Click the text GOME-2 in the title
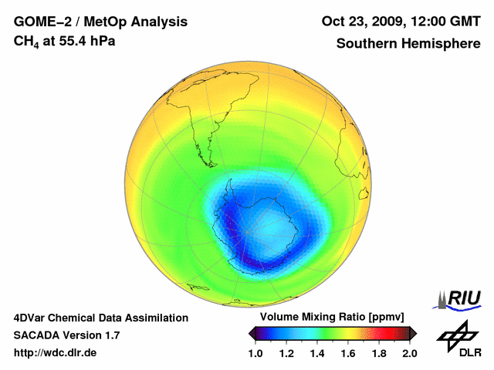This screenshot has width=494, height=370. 39,22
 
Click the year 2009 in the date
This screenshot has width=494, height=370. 390,22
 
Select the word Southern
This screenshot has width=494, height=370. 366,44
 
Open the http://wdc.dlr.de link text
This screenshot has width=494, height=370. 56,353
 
